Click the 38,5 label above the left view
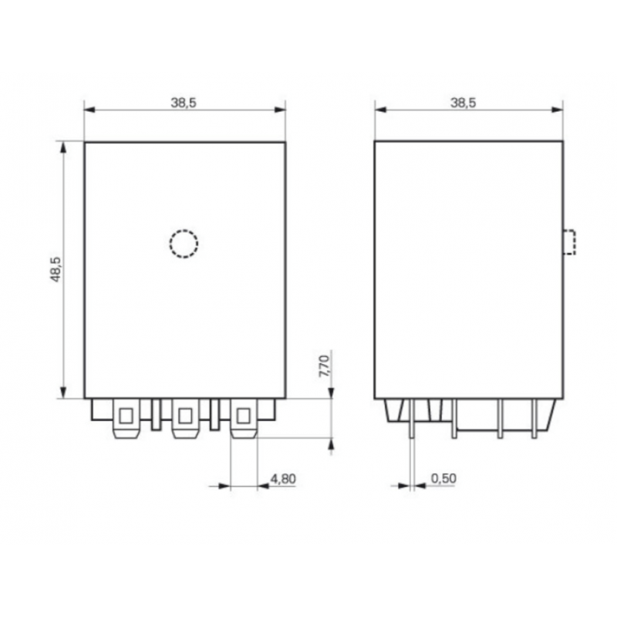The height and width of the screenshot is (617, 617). (184, 102)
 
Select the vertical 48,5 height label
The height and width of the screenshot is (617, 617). (55, 270)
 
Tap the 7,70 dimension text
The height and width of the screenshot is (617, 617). (325, 365)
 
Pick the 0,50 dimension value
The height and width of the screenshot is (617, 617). (444, 479)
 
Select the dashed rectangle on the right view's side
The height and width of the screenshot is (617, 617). (569, 242)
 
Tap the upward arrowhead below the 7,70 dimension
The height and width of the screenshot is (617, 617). (332, 444)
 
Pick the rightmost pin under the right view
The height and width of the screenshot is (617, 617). (534, 420)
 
